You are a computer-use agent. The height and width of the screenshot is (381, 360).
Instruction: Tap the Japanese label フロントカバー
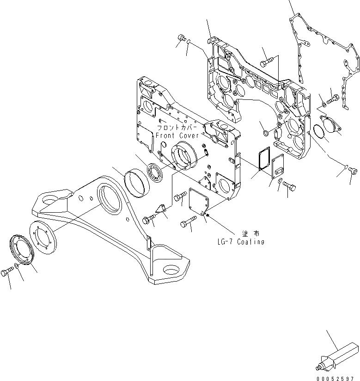[177, 127]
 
